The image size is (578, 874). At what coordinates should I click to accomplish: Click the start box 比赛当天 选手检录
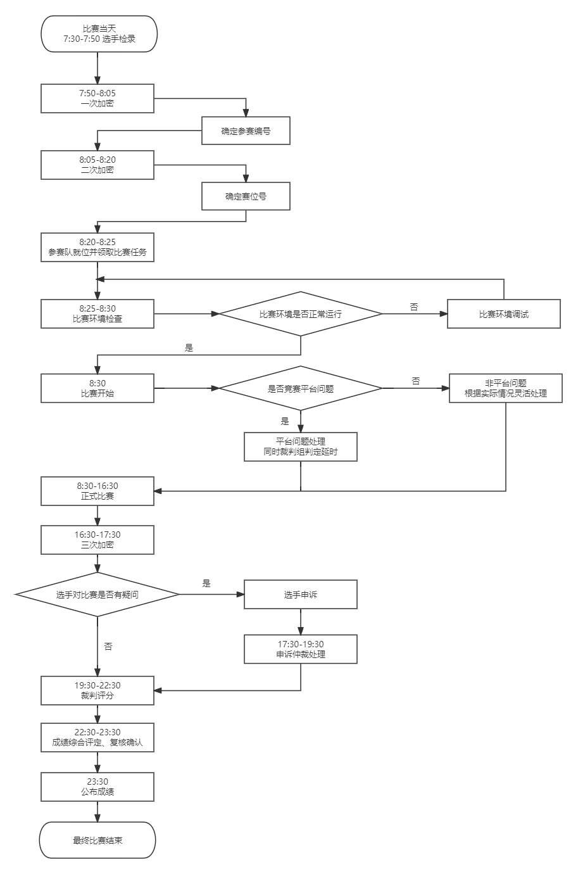(x=97, y=34)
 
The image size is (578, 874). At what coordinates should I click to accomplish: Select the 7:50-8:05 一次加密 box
(x=97, y=98)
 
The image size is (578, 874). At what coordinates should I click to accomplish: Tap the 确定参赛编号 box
(x=246, y=131)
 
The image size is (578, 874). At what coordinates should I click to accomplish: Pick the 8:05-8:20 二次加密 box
(x=97, y=165)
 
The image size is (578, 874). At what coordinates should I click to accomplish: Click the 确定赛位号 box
(x=246, y=196)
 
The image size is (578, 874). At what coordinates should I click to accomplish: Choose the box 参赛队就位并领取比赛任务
(x=97, y=247)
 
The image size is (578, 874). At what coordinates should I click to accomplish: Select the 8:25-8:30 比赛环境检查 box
(x=97, y=313)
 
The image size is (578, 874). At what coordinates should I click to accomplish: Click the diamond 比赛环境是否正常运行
(x=301, y=313)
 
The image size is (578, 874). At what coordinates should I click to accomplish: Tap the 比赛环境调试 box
(x=503, y=314)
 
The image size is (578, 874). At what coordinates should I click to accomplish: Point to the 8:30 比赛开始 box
(x=97, y=388)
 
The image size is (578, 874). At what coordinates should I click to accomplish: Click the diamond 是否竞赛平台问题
(x=301, y=388)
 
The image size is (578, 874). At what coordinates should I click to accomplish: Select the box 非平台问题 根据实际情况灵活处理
(x=505, y=388)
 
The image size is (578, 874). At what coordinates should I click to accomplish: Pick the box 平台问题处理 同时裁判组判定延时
(x=301, y=446)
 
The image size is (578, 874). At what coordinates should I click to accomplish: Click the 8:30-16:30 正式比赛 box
(x=97, y=491)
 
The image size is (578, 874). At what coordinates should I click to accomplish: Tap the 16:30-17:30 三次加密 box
(x=97, y=540)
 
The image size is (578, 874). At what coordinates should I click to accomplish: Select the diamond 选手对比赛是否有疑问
(x=97, y=595)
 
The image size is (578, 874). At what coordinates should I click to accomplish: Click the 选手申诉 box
(x=301, y=595)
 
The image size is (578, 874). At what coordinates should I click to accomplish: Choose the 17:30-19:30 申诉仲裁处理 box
(x=301, y=649)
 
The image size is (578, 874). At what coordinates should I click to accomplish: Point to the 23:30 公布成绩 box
(x=97, y=787)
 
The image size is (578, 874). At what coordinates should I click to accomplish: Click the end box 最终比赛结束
(x=97, y=840)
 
